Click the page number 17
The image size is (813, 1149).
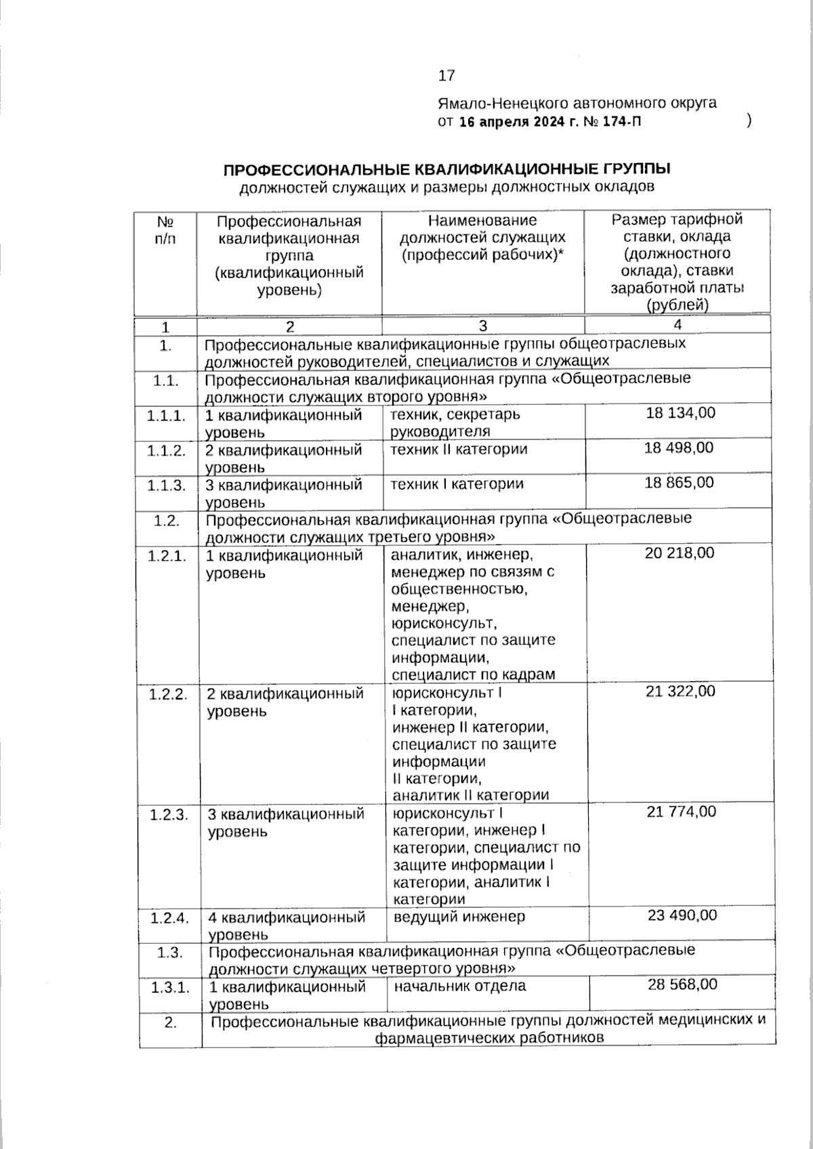point(446,76)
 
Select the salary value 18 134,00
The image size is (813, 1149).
point(680,413)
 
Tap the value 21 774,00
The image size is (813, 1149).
point(681,811)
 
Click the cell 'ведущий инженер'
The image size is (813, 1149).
point(459,917)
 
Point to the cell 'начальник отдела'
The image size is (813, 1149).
point(459,986)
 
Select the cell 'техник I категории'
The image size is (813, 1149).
point(457,484)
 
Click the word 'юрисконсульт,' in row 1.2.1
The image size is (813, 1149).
point(444,623)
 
